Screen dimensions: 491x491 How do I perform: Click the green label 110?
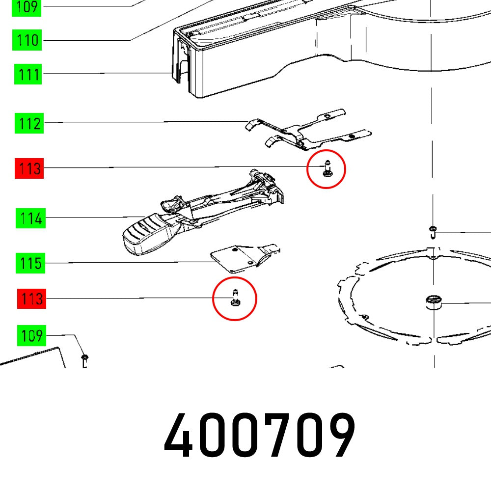point(27,40)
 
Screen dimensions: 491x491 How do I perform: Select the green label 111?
point(28,75)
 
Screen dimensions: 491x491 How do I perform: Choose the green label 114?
point(30,218)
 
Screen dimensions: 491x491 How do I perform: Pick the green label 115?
point(30,264)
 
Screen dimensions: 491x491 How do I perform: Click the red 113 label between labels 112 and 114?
point(29,169)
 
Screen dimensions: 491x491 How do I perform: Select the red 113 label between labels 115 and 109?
point(30,299)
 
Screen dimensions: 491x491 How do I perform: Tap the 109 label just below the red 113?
point(30,336)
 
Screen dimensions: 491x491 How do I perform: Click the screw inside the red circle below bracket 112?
point(327,169)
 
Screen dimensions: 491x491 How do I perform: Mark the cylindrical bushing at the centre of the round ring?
point(434,302)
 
